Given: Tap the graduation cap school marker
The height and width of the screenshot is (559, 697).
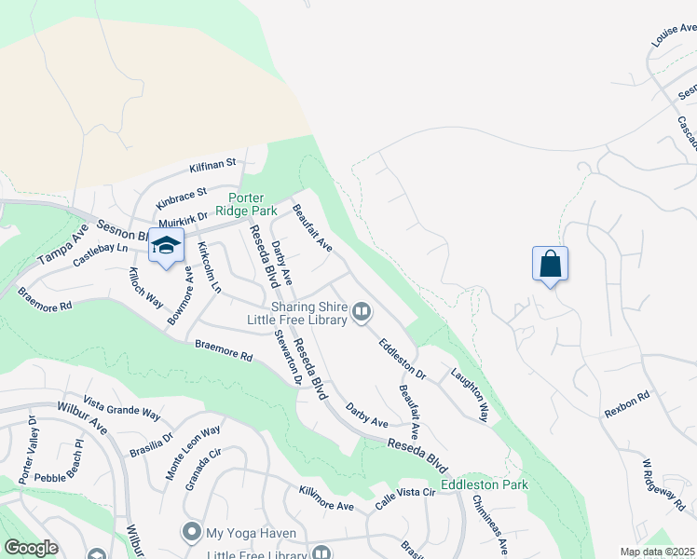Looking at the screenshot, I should coord(166,247).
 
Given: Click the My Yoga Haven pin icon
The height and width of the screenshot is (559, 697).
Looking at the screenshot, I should coord(192,532).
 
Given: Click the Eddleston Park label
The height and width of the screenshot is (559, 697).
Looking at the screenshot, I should coord(485,484).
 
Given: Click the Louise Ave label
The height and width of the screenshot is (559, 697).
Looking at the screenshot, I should coord(674,36).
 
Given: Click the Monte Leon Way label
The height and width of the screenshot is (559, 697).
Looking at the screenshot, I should coord(194,452).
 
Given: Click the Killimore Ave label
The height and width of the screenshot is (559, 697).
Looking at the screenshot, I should coord(326,498).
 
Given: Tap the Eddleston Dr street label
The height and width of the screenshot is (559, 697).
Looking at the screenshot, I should coord(402,360).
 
